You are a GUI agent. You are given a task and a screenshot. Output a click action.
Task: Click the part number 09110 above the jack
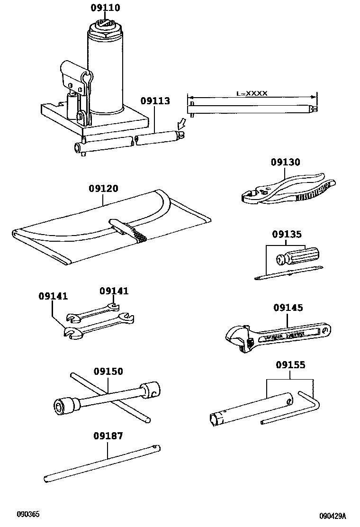[105, 8]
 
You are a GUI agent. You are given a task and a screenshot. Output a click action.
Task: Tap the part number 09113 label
[155, 100]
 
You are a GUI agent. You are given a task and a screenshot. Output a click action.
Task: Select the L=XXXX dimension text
[252, 93]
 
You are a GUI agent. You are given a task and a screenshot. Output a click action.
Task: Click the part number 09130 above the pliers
[285, 162]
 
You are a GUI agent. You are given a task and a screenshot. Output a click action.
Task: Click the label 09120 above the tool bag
[103, 188]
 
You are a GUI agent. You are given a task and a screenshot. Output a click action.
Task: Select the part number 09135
[287, 234]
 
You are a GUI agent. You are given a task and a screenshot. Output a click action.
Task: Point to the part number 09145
[288, 308]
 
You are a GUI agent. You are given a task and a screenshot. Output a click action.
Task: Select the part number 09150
[108, 371]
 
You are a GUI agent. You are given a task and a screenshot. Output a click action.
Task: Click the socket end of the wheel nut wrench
[65, 406]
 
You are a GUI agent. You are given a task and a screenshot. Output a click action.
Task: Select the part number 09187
[108, 436]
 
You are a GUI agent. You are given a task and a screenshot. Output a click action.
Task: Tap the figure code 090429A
[332, 516]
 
